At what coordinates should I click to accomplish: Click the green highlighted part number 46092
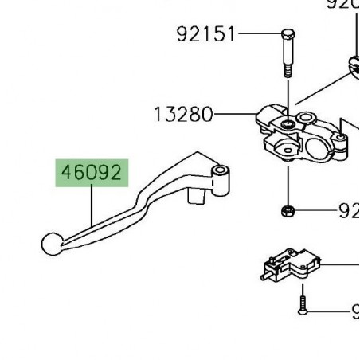click(x=90, y=171)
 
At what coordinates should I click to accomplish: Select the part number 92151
click(x=205, y=34)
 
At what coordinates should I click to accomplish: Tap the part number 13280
click(x=183, y=115)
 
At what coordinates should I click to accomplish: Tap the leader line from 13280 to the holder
click(x=235, y=115)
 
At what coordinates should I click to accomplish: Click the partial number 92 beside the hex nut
click(x=349, y=212)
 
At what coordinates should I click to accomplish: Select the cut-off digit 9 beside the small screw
click(x=354, y=311)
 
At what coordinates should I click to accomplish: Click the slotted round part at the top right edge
click(x=353, y=63)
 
